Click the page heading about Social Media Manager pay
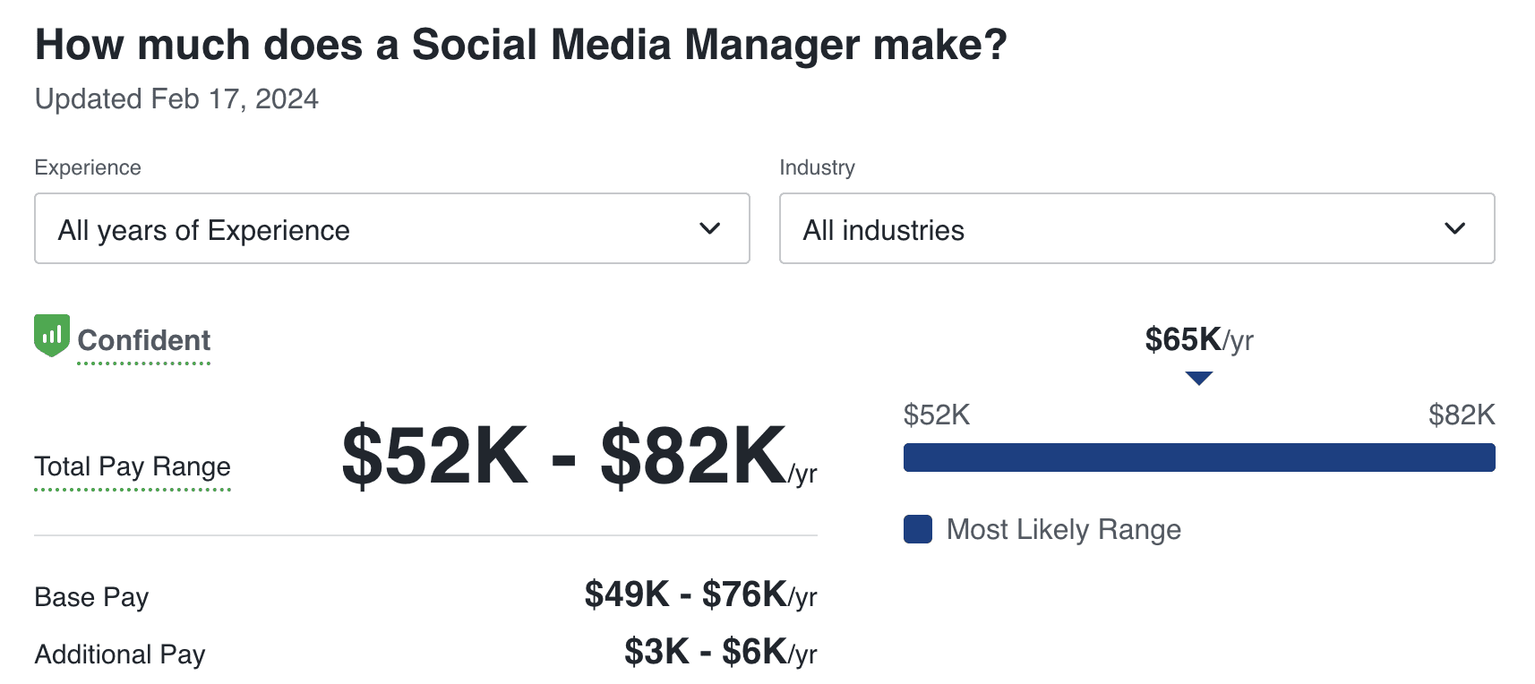click(520, 45)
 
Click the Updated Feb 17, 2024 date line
click(176, 98)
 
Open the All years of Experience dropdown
click(391, 229)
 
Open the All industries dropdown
click(1136, 229)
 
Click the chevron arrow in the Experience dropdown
click(709, 229)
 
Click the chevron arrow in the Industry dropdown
click(1454, 229)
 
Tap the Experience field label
click(88, 167)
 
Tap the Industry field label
click(817, 167)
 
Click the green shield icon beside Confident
click(52, 335)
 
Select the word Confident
click(144, 340)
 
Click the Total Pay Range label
click(133, 466)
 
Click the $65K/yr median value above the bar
click(1198, 340)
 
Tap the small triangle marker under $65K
click(1198, 378)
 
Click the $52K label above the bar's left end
click(936, 415)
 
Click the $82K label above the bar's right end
click(1462, 415)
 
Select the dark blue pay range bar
click(1198, 457)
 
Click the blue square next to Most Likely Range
click(918, 529)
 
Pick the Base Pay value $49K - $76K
click(700, 594)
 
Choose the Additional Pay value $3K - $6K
click(720, 653)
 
